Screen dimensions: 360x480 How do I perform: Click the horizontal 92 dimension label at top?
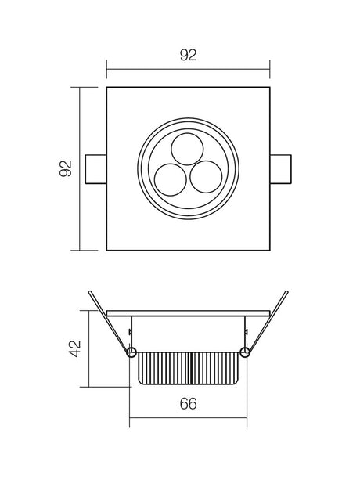tap(188, 55)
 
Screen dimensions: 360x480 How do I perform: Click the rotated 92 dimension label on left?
tap(66, 168)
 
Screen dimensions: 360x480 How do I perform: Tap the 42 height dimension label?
tap(74, 348)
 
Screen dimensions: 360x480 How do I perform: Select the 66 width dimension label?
tap(188, 403)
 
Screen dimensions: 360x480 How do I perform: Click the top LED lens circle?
tap(187, 149)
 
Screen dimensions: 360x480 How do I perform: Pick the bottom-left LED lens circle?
tap(171, 179)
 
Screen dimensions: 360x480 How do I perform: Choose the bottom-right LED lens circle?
tap(206, 177)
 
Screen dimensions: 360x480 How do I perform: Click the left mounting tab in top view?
tap(95, 169)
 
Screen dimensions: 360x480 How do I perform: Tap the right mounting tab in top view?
tap(280, 169)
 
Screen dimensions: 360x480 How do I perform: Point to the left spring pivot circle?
tap(131, 352)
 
